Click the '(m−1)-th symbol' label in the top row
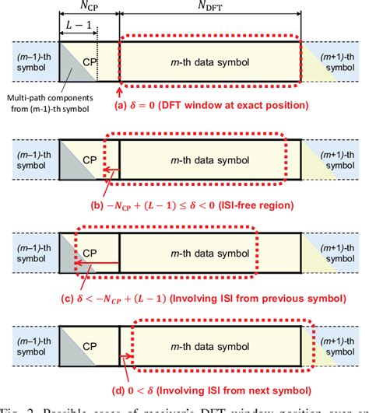29,60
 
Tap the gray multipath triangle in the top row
69,70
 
